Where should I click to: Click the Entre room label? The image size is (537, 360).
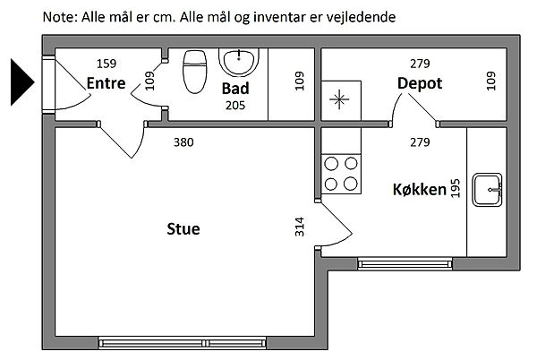[x=106, y=83]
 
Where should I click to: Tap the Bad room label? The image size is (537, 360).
[x=235, y=89]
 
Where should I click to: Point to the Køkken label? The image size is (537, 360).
[x=419, y=191]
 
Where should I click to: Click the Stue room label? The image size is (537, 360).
[x=183, y=229]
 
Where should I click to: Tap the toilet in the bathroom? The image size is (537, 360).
[x=194, y=71]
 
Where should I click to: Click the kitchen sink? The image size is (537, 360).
[x=489, y=188]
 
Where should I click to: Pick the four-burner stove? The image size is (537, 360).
[x=341, y=174]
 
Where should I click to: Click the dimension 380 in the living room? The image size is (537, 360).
[x=183, y=141]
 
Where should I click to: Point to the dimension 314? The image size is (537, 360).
[x=299, y=227]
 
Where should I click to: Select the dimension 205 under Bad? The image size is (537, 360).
[x=234, y=106]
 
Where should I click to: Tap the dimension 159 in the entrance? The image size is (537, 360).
[x=107, y=63]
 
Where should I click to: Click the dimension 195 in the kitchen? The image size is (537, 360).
[x=456, y=189]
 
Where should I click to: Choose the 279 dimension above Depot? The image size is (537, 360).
[x=420, y=63]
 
